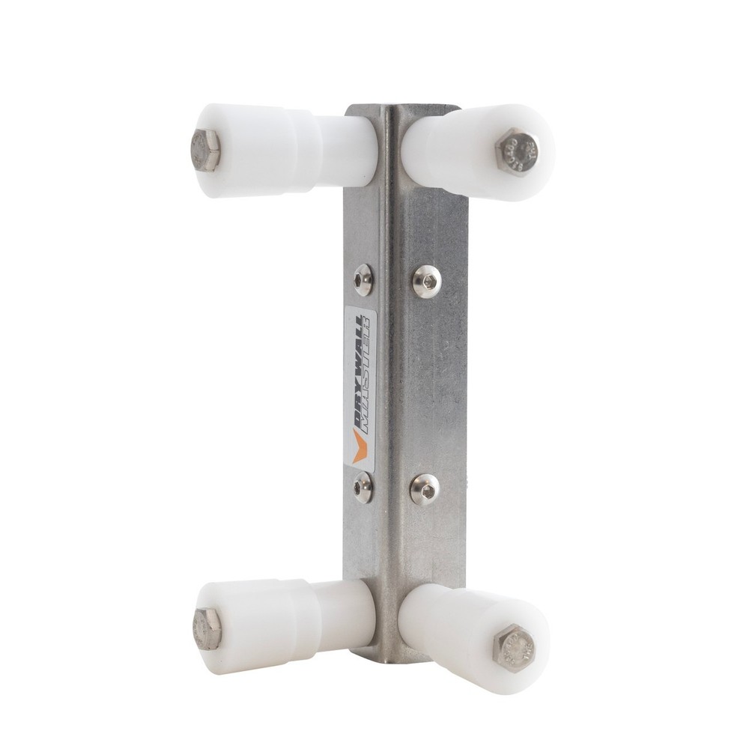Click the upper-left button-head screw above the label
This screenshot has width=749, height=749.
[x=364, y=278]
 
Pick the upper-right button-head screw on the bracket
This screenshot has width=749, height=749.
[x=426, y=281]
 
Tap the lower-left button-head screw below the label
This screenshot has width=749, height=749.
[x=363, y=486]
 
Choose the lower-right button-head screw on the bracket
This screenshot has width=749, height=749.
[x=425, y=489]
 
